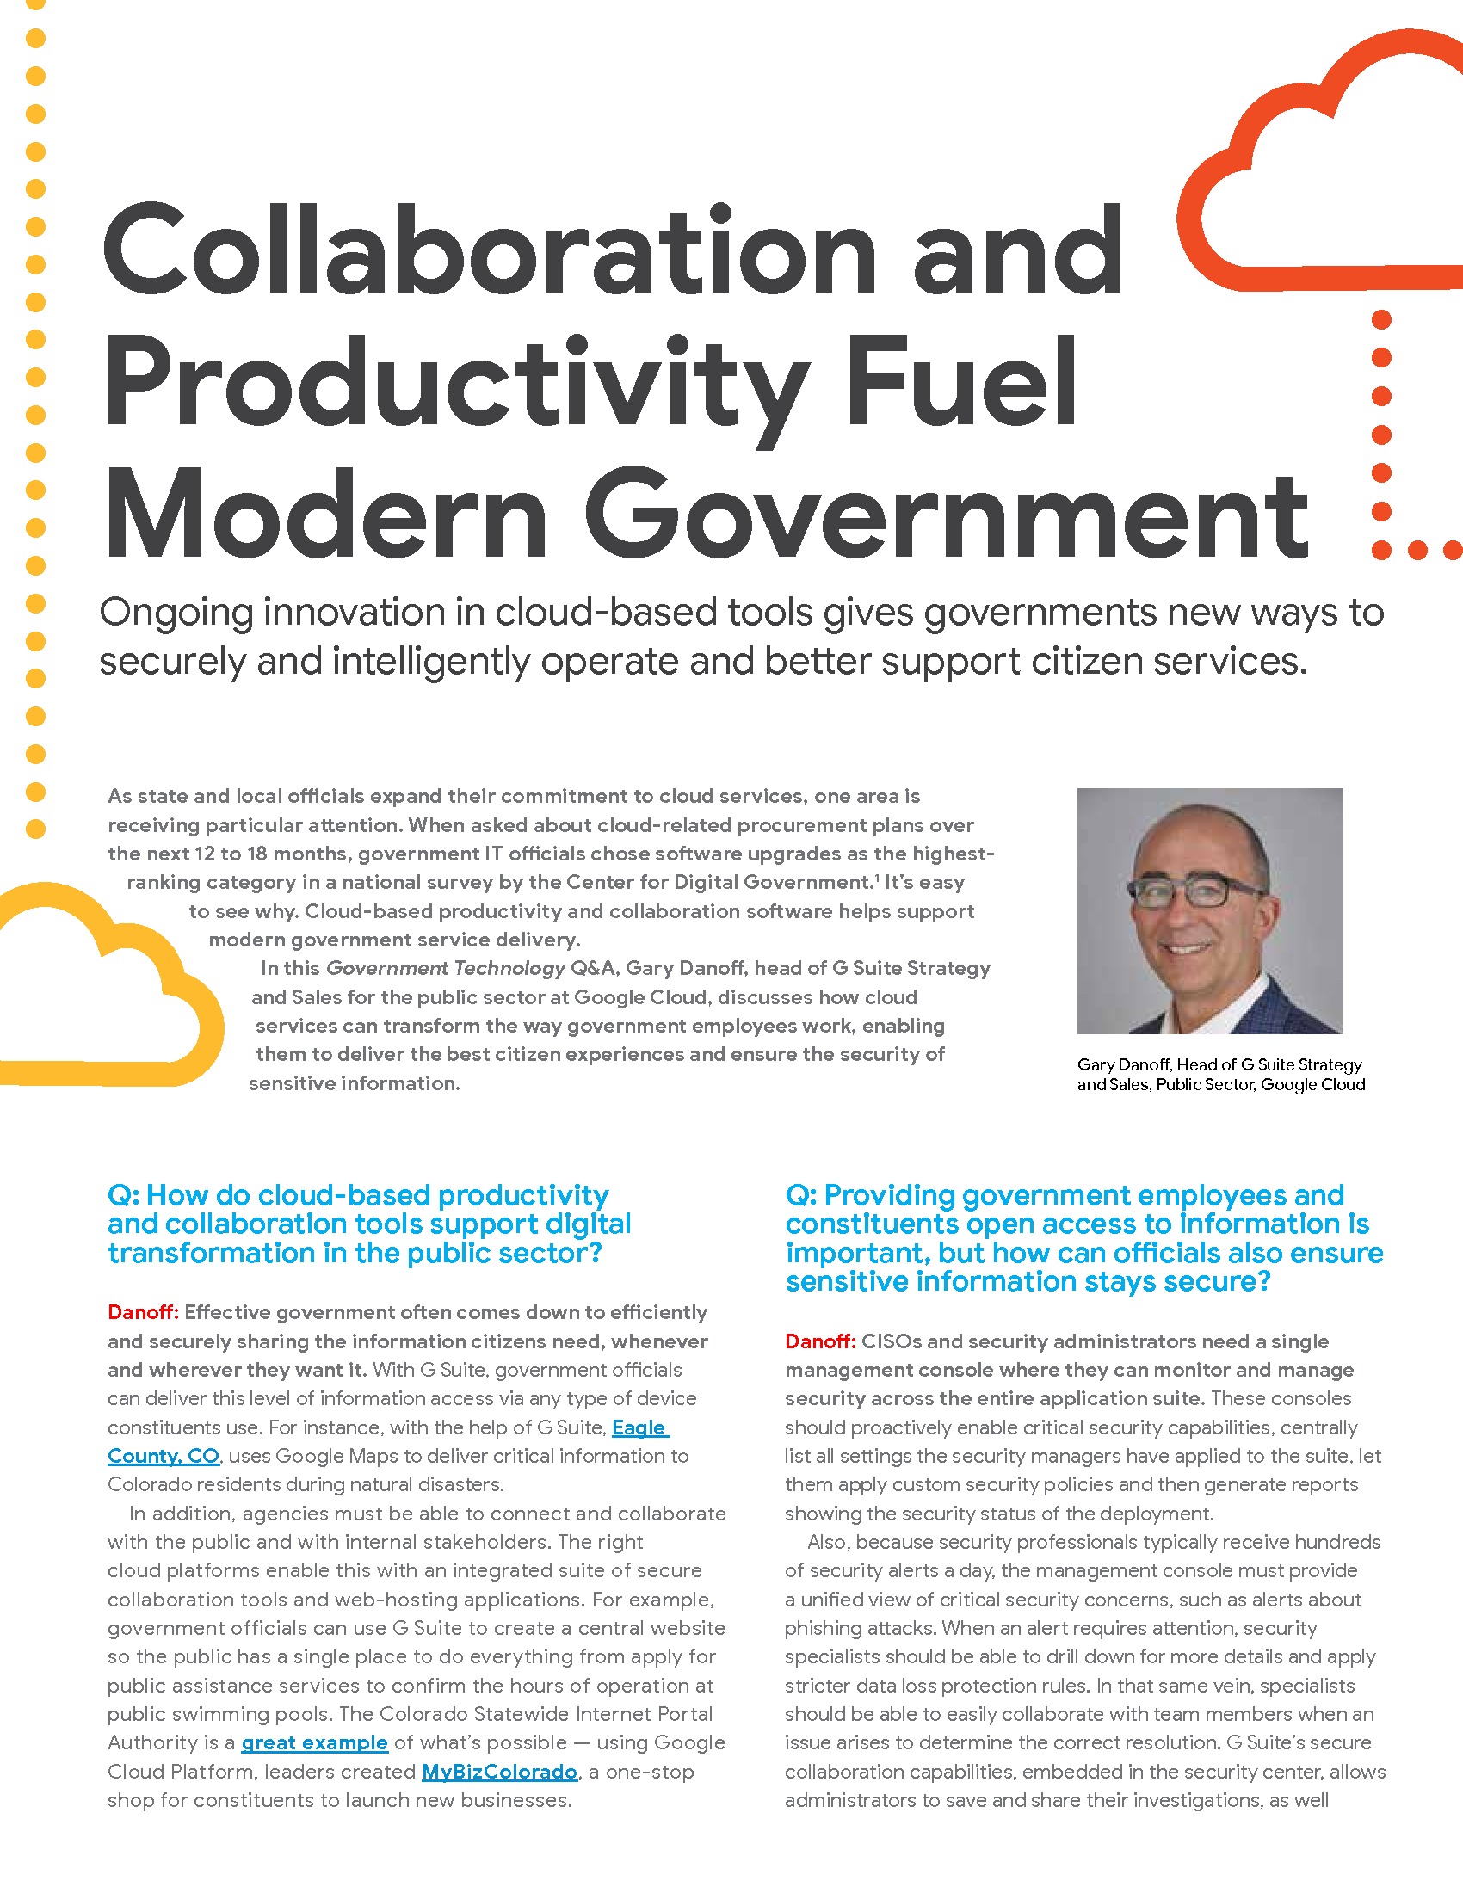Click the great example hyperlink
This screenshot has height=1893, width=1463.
tap(315, 1742)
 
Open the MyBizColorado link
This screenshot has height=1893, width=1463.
tap(499, 1772)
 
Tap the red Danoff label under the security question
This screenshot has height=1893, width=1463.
tap(820, 1341)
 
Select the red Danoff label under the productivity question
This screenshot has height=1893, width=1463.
tap(142, 1313)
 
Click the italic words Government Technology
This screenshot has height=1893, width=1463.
tap(446, 968)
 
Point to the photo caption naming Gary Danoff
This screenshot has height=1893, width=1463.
tap(1220, 1075)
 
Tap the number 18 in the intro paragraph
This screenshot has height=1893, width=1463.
tap(256, 854)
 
